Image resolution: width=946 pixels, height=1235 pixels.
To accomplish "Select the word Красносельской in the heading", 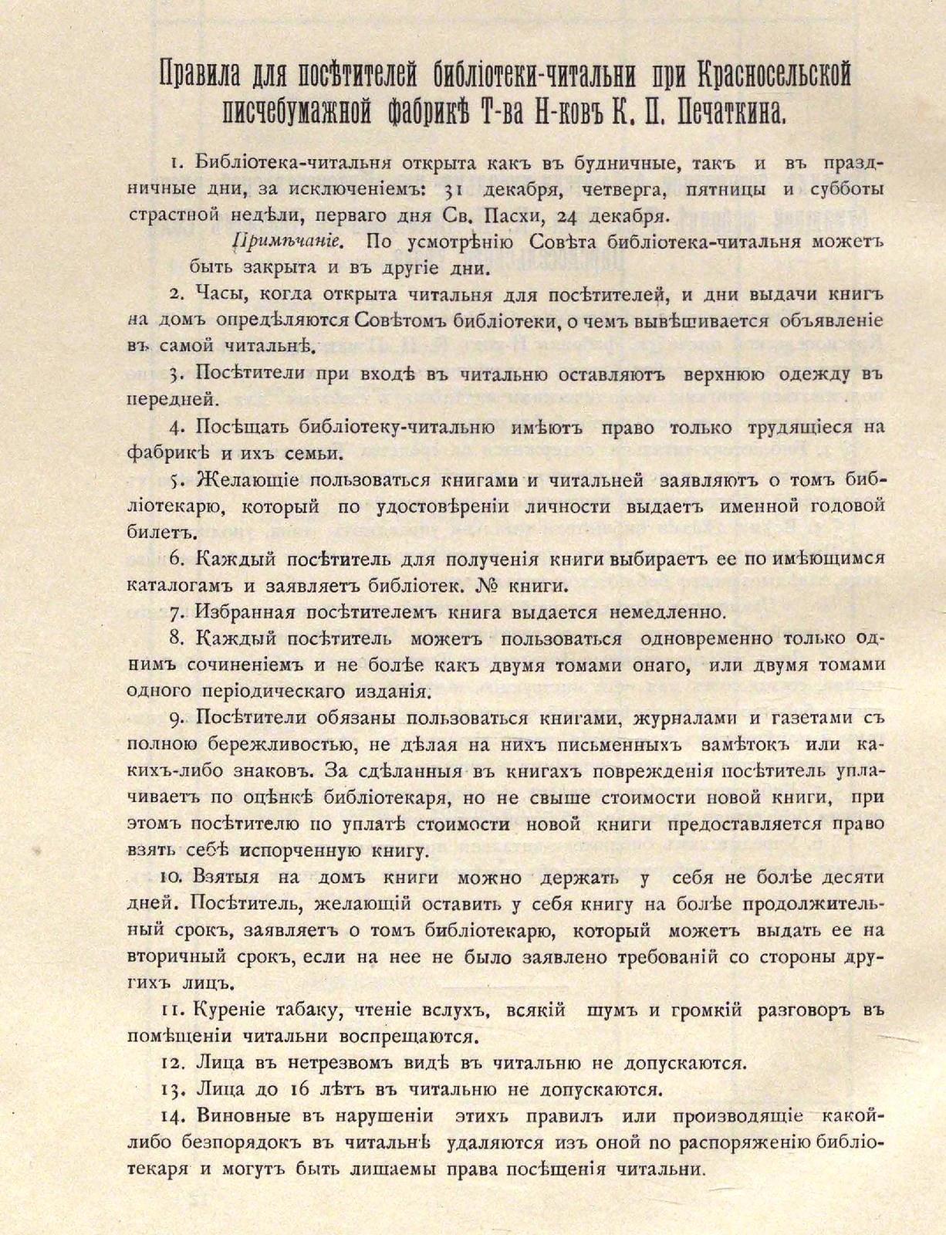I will (x=773, y=76).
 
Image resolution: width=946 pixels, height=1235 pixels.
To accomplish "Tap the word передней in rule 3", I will (x=169, y=400).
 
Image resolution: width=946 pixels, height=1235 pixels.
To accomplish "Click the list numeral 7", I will (x=175, y=612).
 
